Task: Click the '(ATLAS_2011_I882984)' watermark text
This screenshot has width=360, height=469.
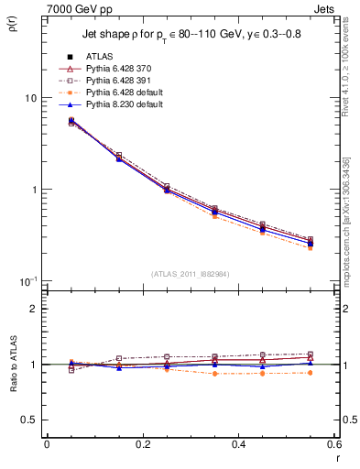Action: [190, 274]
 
